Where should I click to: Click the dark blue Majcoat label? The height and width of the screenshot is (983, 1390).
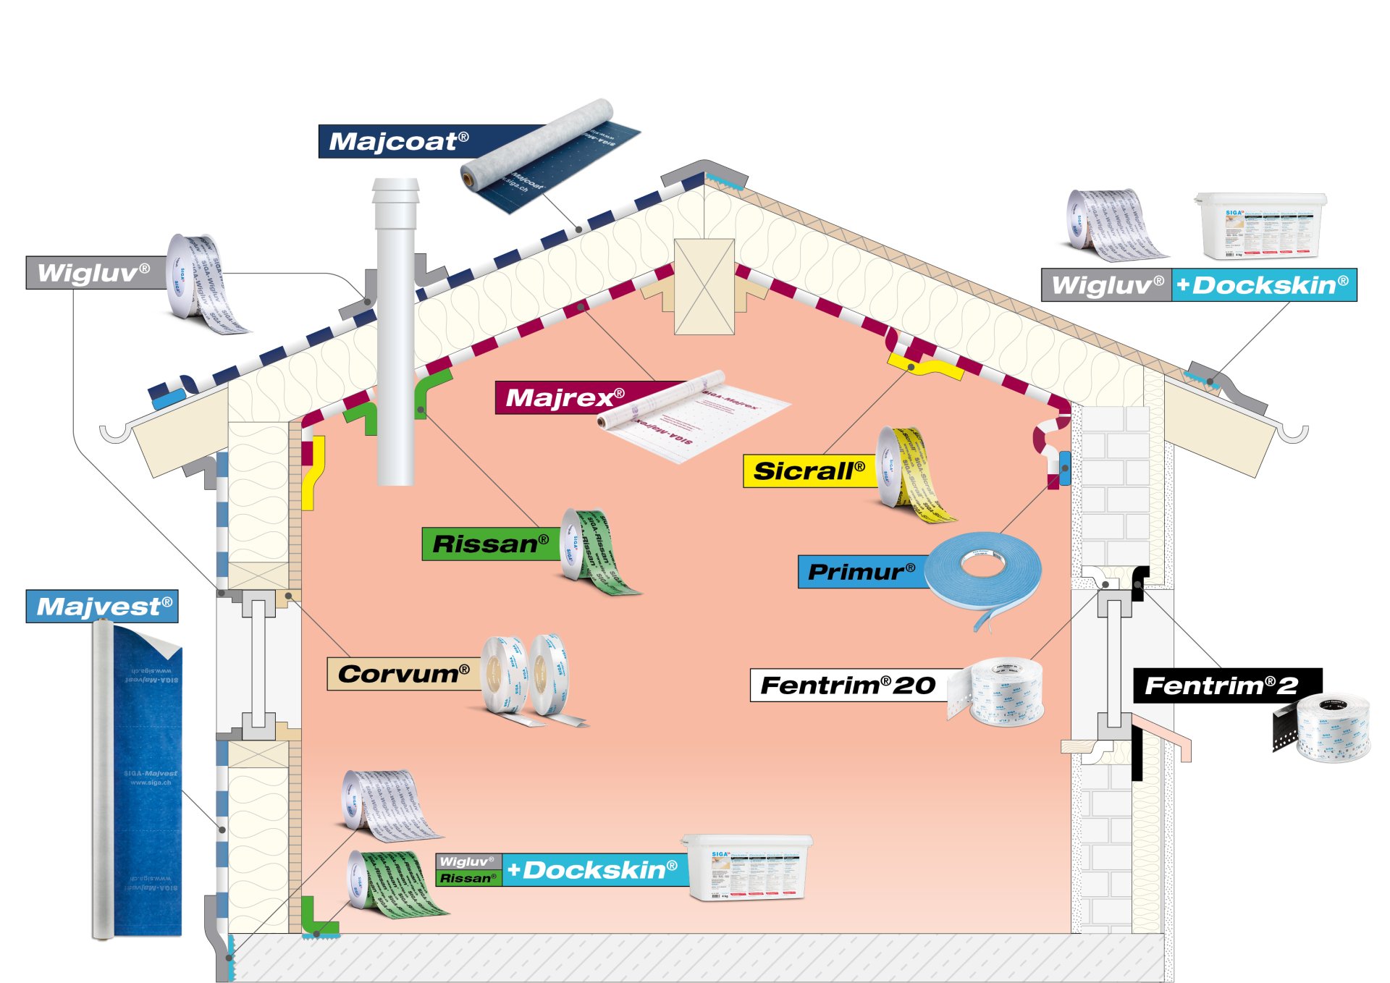pos(399,141)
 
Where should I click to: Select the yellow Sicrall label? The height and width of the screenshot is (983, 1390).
pos(809,471)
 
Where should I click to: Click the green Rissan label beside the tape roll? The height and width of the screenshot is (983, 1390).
pos(490,544)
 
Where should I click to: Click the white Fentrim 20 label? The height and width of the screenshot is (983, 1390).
pos(848,685)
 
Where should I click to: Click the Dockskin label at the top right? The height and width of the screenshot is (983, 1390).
pos(1263,285)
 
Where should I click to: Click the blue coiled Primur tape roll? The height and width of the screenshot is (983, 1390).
pos(983,575)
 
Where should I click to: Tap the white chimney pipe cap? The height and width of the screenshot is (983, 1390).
pos(395,191)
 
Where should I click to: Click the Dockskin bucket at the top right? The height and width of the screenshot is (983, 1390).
pos(1260,225)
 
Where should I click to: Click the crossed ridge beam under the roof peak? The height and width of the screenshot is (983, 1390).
pos(704,287)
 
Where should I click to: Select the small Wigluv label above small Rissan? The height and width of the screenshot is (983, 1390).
pos(467,861)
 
